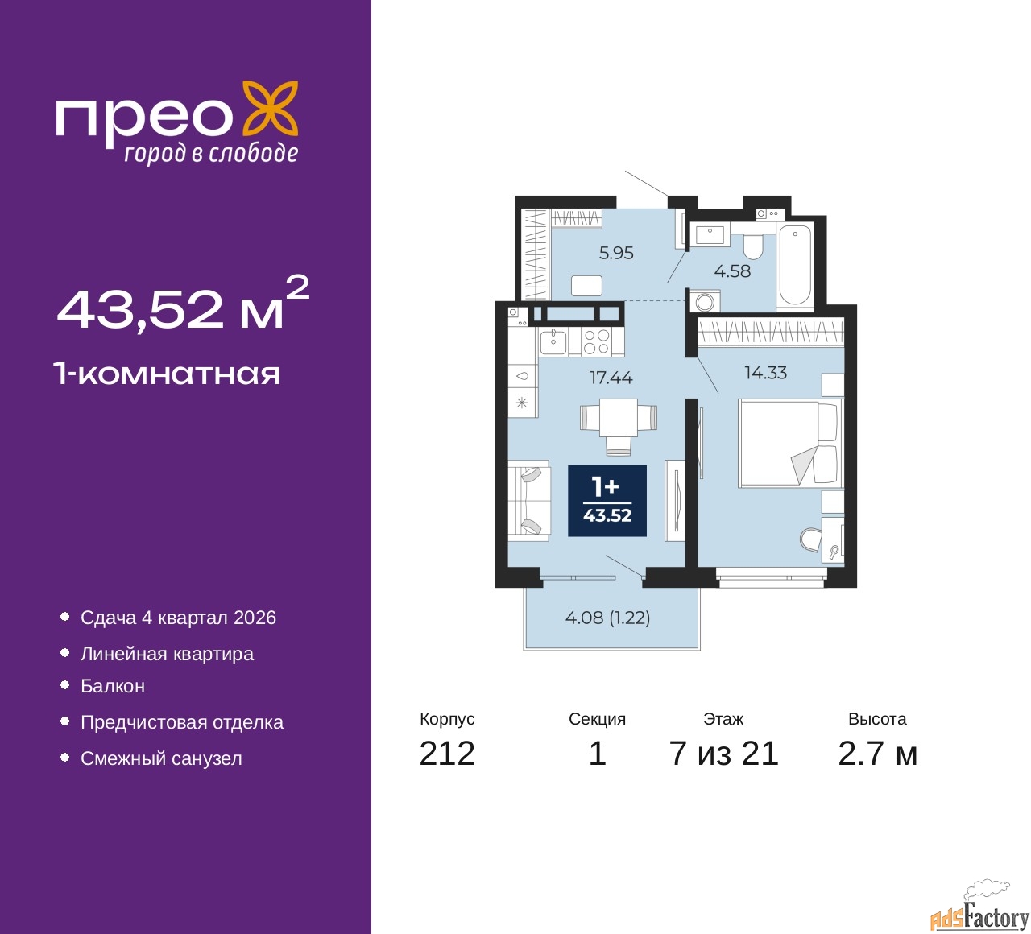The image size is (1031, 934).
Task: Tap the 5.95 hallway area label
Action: [616, 253]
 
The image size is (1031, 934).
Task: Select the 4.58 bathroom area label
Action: [732, 271]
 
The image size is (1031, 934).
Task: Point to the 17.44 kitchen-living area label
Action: [611, 378]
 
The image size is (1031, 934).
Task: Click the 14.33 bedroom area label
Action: [766, 373]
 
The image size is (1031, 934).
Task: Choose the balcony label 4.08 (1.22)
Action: [607, 617]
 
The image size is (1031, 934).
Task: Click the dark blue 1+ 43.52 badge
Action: [607, 500]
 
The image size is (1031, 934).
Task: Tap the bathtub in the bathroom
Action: [795, 267]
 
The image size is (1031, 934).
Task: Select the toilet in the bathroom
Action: [754, 247]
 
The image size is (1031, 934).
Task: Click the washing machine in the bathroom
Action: [705, 301]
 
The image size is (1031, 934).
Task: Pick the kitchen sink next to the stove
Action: [553, 342]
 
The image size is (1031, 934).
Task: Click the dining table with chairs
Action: [619, 425]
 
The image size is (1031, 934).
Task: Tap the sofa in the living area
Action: [529, 500]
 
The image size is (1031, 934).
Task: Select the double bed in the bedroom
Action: [790, 443]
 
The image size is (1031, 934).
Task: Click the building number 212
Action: [447, 754]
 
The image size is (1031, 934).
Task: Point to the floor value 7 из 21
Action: [723, 754]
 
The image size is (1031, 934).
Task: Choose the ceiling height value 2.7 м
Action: [877, 754]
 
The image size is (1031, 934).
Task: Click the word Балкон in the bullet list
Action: [113, 686]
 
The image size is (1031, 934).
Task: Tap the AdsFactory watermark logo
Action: [979, 912]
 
